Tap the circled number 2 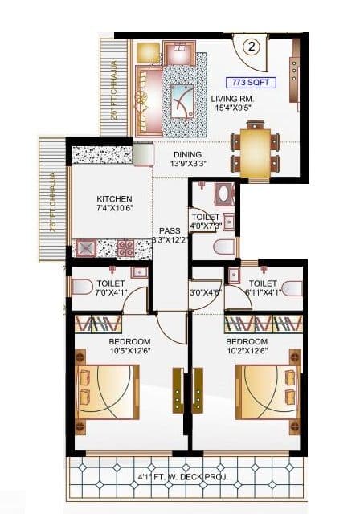tap(252, 46)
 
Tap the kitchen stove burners tap(125, 248)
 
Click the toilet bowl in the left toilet tap(83, 287)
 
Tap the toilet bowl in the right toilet tap(292, 287)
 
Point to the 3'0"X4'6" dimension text tap(204, 292)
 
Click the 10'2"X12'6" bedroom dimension tap(252, 349)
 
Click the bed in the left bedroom tap(107, 393)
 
